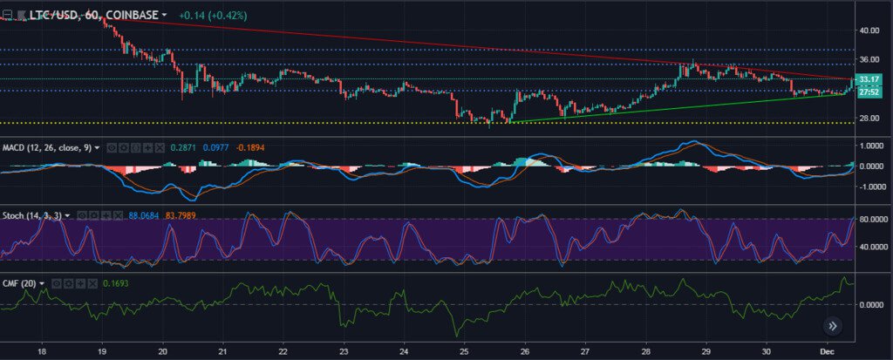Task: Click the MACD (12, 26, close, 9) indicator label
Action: coord(51,148)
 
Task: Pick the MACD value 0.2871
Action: coord(184,148)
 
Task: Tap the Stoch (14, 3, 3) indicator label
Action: coord(37,214)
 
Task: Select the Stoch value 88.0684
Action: coord(145,214)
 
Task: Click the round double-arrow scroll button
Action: coord(833,326)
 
